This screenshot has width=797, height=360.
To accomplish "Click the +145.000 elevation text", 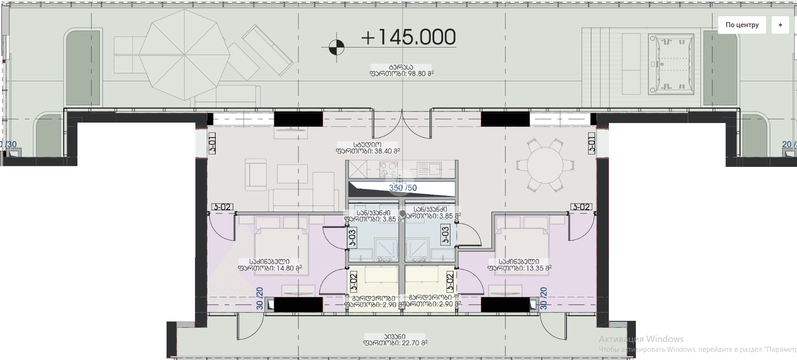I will [x=408, y=37].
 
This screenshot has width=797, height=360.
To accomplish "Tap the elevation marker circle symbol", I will [x=337, y=47].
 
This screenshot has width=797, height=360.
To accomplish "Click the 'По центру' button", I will [x=742, y=25].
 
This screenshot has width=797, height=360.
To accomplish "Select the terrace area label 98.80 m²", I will [x=401, y=70].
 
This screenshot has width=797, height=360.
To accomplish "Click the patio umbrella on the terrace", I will [x=184, y=55].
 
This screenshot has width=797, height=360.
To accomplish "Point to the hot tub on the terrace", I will [x=671, y=64].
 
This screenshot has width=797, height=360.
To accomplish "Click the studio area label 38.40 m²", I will [x=367, y=148].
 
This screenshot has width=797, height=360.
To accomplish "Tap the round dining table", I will [x=545, y=165].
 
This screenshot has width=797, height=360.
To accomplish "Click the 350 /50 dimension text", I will [x=402, y=188].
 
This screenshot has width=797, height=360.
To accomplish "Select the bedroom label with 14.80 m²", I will [x=270, y=265].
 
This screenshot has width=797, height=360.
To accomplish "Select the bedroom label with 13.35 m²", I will [x=520, y=265].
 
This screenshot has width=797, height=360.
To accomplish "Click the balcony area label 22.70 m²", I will [x=395, y=340].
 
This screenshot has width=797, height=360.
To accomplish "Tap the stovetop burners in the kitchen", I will [x=389, y=169].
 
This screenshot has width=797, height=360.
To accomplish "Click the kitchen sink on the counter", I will [x=429, y=169].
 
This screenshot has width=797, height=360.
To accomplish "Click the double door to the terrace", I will [x=401, y=125].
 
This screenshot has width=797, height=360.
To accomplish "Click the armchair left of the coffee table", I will [x=255, y=175].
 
